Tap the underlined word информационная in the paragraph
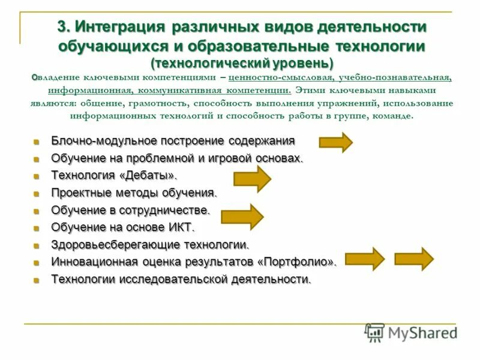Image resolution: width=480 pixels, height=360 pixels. click(90, 90)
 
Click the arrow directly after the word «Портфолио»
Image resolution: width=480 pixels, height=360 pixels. click(365, 259)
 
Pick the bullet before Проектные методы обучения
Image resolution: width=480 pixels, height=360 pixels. click(37, 194)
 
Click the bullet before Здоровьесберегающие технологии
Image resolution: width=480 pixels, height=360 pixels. click(37, 245)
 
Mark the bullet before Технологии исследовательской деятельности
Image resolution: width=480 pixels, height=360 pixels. click(37, 280)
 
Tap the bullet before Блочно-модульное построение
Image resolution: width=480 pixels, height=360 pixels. click(37, 142)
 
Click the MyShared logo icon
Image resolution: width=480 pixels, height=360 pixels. click(374, 332)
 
